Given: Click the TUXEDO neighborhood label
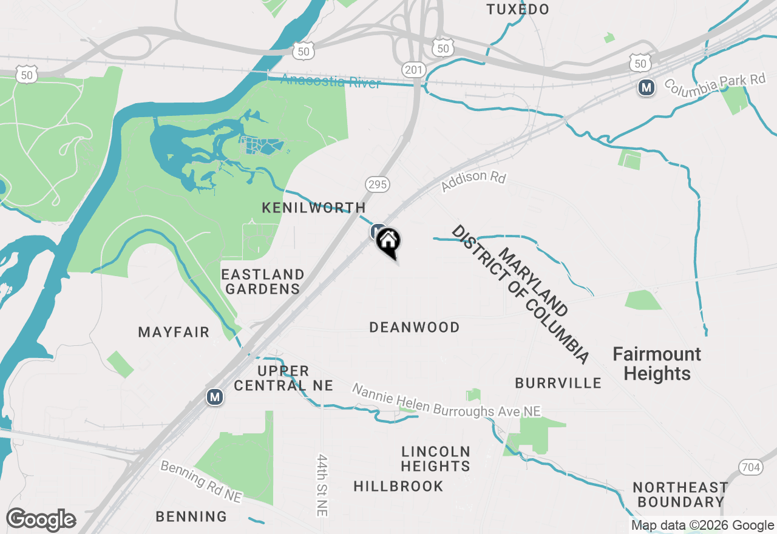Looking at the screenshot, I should pos(518,10).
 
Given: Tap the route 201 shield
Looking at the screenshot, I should pos(413,70).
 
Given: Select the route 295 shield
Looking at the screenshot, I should pos(377,184).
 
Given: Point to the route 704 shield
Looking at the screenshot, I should pos(751,467).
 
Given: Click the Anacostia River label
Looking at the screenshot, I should pos(331,81).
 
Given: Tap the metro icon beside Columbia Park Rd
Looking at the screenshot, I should pos(646,88).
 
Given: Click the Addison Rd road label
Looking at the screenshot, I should pos(473,181).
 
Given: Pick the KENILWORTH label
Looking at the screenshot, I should pos(313,208).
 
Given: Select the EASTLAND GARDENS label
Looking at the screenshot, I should pos(263,282).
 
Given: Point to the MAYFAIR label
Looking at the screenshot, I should pos(174,332).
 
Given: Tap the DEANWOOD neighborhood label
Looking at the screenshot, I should pos(415,328).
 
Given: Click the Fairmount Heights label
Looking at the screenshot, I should pos(657,363).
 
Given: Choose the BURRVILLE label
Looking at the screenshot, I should pos(558,383).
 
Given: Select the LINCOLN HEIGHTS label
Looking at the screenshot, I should pos(436,459).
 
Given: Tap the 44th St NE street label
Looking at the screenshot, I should pos(322,485).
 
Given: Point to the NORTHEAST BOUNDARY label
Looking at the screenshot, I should pos(680,495).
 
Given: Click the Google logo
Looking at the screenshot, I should pos(41,520).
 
